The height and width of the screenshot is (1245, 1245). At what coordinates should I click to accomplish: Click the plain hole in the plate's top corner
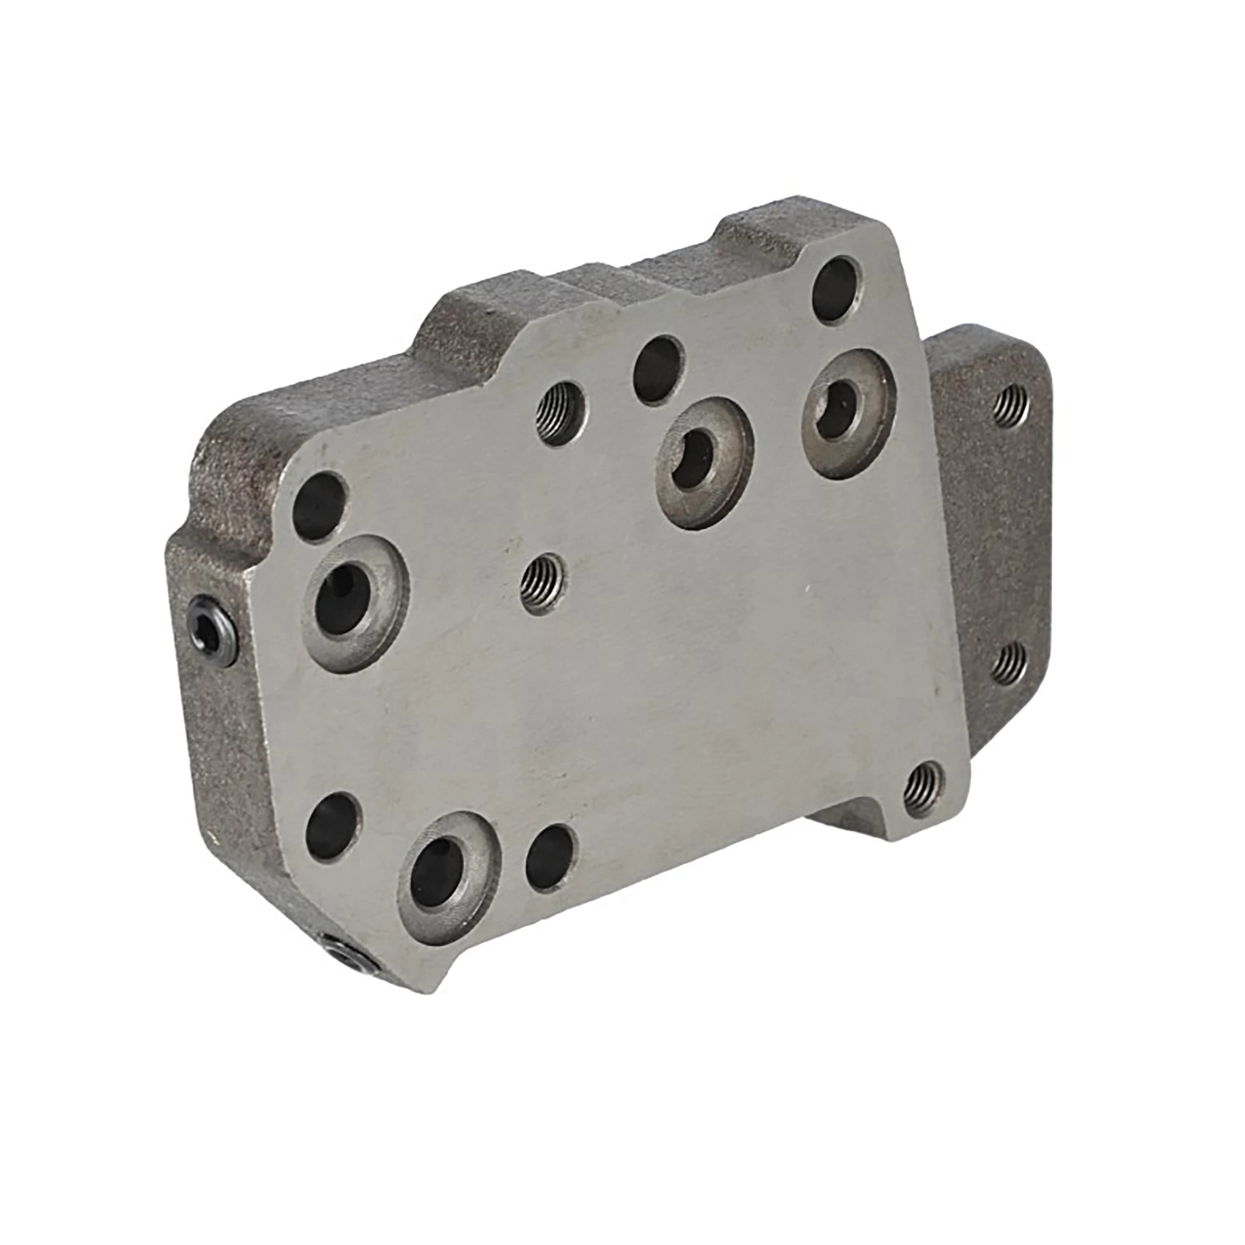tap(836, 290)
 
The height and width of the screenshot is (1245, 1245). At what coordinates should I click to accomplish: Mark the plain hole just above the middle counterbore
tap(658, 369)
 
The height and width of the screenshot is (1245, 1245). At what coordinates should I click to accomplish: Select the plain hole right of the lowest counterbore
tap(550, 857)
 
